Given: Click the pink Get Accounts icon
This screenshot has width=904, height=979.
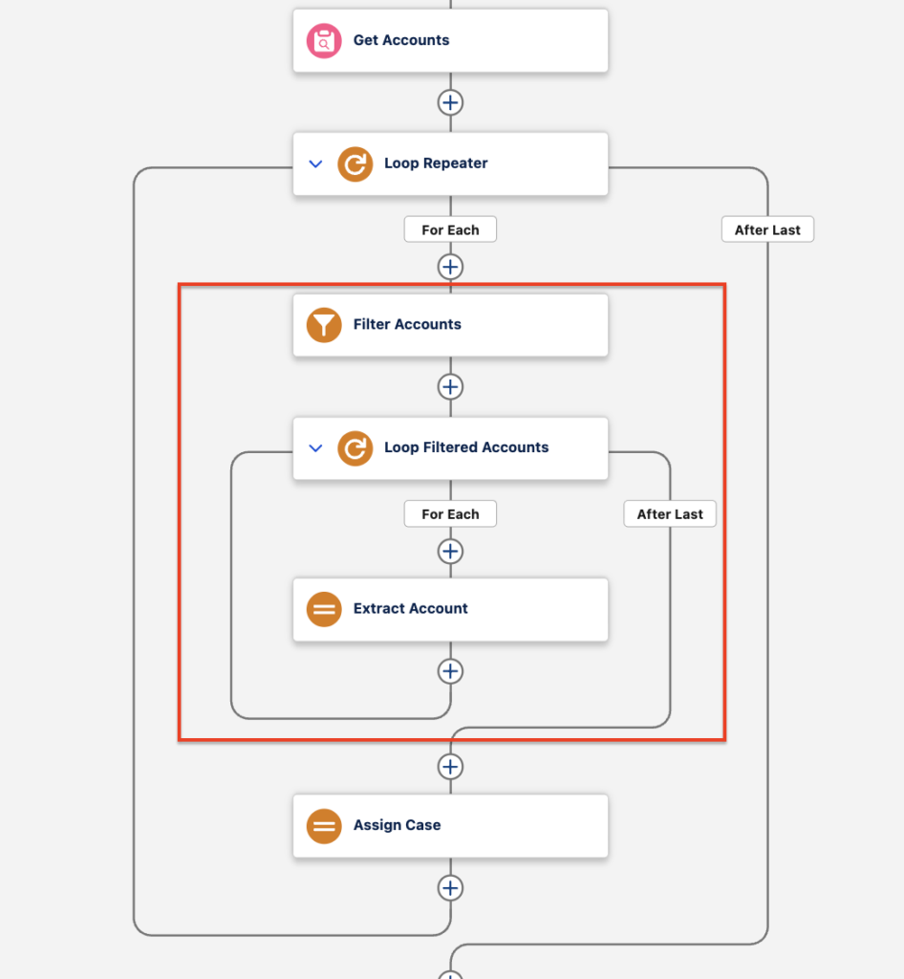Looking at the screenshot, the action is pos(324,40).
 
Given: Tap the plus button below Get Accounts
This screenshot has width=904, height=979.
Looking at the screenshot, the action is pos(450,102).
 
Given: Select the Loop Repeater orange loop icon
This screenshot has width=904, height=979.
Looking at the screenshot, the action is pos(355,164).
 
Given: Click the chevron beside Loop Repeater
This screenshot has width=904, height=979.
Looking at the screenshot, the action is pos(315,164).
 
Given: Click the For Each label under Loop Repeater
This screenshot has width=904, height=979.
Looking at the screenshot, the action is pos(450,229).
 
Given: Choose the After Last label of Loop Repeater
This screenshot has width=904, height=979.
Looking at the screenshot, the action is pos(767,229).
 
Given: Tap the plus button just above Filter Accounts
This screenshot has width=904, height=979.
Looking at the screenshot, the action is pos(450,267).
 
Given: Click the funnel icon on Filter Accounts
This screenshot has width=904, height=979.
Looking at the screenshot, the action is pos(324,325).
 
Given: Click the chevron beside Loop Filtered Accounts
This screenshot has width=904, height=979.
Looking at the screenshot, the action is pos(315,448).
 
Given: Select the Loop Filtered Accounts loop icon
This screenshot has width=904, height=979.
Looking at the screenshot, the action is pos(355,448).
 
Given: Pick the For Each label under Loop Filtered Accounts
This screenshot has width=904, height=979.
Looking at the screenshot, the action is pos(450,513).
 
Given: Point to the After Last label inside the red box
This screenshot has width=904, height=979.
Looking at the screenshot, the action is pos(670,513).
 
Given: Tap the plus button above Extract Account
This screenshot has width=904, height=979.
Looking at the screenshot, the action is pos(450,552).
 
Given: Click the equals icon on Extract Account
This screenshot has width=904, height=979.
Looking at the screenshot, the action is pos(324,609).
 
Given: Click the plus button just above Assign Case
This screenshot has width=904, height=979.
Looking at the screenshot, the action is pos(450,767).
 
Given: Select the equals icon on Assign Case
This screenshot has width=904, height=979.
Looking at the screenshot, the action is pos(324,826).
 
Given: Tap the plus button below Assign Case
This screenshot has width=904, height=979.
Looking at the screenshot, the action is pos(450,888).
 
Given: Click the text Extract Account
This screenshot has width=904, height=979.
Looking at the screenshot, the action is pos(411,609).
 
